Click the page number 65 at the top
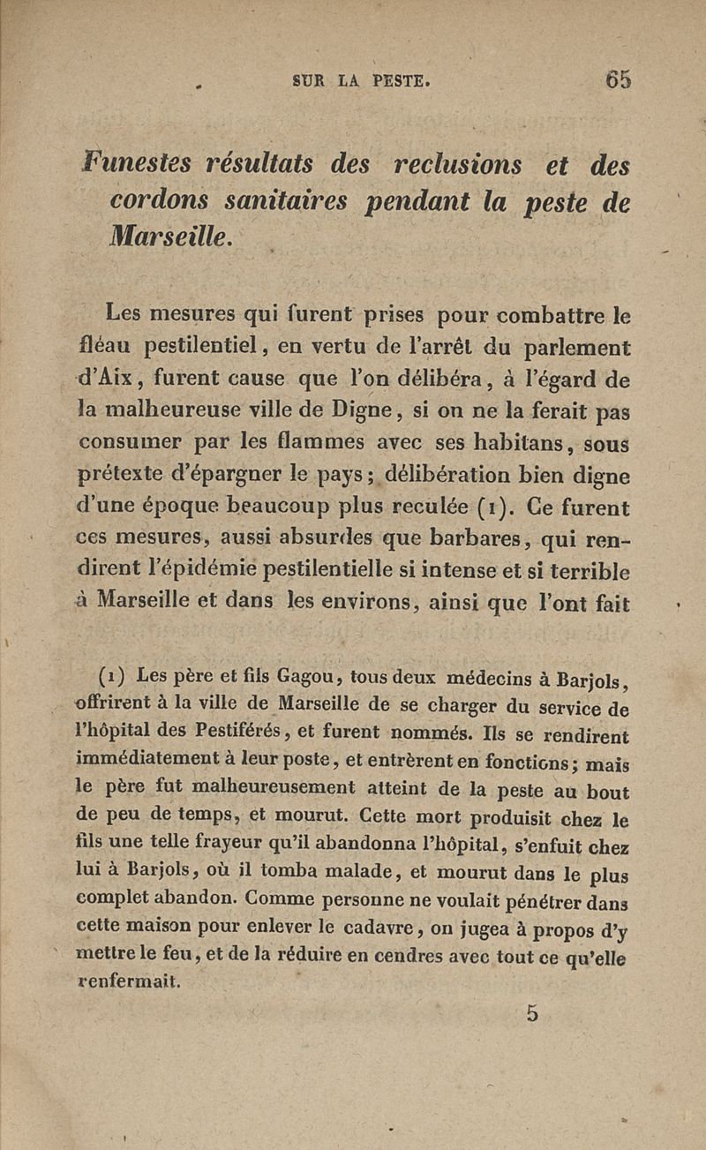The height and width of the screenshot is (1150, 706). tap(618, 79)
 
